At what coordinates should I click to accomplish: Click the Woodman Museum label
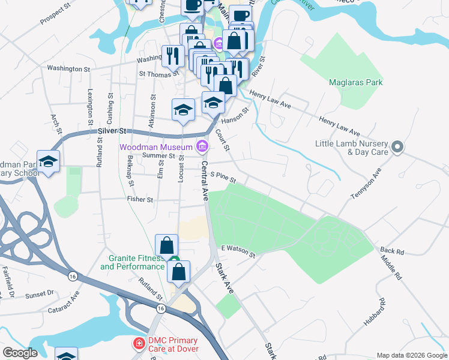coord(155,146)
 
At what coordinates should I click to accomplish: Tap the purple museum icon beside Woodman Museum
coord(202,146)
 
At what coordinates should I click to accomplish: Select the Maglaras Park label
coord(356,82)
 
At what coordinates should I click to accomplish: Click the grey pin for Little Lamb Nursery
coord(397,146)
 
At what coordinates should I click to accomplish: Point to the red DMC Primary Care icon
coord(139,344)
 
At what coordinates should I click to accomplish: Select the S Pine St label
coord(223,178)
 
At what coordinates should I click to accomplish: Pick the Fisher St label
coord(140,199)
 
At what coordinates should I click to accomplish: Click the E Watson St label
coord(238,251)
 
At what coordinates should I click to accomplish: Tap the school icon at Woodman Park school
coord(48,161)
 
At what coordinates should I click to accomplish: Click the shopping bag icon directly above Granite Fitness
coord(166,245)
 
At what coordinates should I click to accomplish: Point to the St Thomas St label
coord(158,74)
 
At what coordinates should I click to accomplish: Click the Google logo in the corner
coord(20,353)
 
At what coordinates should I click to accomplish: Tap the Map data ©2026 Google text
coord(411,355)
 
